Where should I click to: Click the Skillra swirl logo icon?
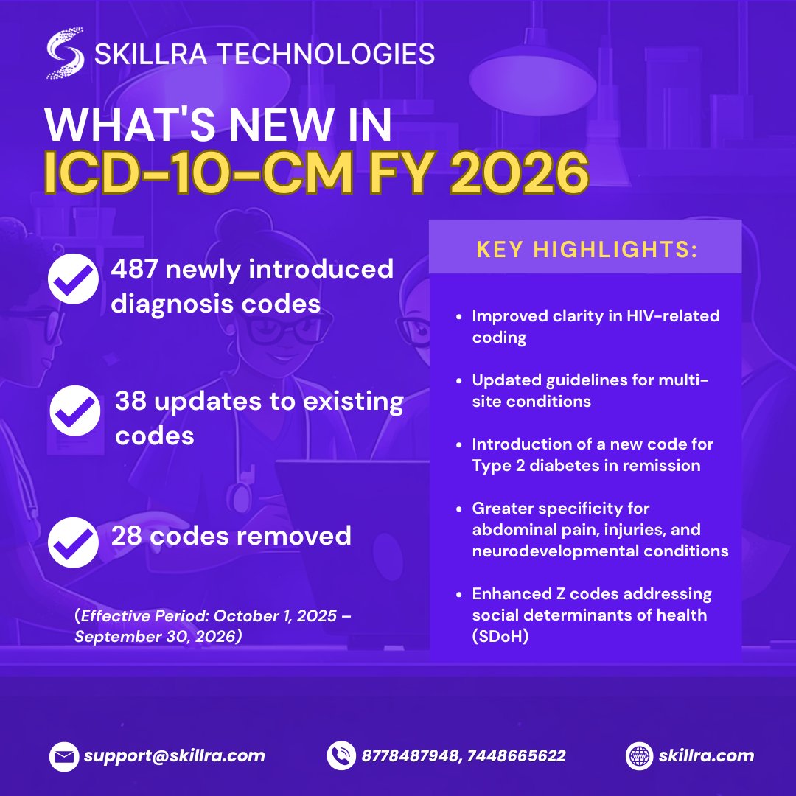[64, 53]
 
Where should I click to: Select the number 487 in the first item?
[135, 270]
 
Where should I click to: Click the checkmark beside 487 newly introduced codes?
[73, 279]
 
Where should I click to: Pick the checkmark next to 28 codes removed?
[73, 542]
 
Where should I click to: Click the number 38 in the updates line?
[130, 402]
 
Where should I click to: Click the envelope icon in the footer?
[64, 755]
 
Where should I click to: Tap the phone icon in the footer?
[341, 755]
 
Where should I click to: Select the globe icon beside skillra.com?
[639, 755]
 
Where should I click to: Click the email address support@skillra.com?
[174, 755]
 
